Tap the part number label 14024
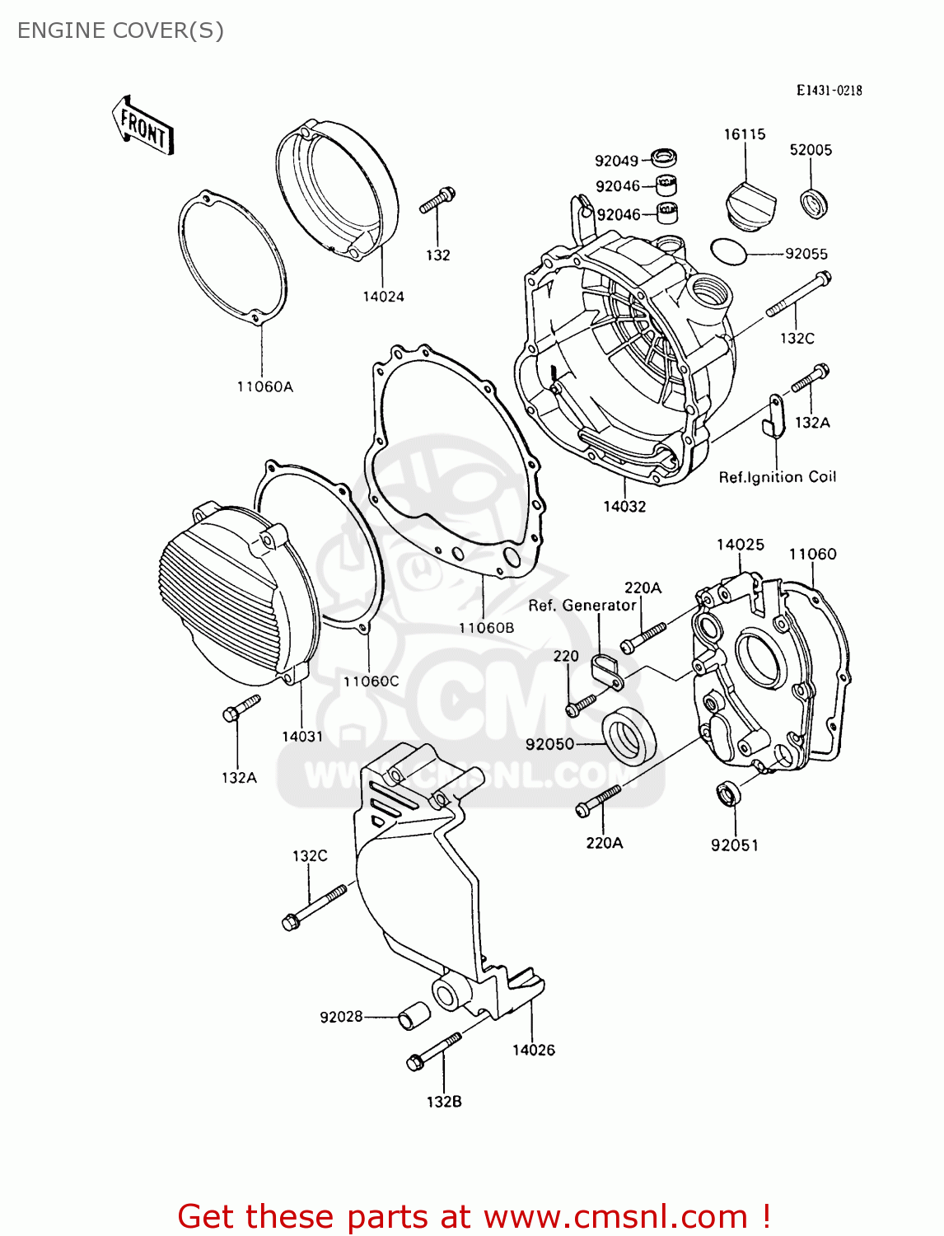click(x=383, y=297)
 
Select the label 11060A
click(x=264, y=386)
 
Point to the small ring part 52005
click(x=815, y=204)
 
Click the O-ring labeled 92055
click(x=728, y=251)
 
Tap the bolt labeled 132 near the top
click(x=437, y=199)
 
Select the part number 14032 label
click(x=624, y=507)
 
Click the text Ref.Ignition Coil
click(x=777, y=477)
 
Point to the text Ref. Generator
click(x=582, y=606)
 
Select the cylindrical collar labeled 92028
click(x=414, y=1016)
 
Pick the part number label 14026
click(x=533, y=1050)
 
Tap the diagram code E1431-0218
click(x=829, y=91)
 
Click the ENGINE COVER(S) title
click(x=120, y=30)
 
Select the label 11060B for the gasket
click(x=486, y=628)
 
